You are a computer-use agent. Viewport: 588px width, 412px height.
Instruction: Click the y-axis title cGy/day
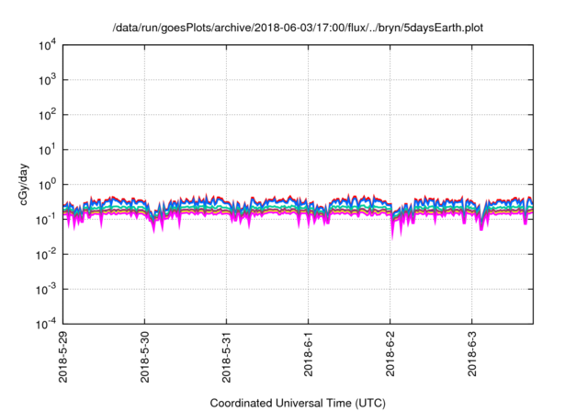pos(21,185)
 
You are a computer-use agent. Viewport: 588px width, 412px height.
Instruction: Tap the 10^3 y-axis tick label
pos(47,80)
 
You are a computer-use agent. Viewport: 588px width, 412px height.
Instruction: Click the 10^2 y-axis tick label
pos(47,115)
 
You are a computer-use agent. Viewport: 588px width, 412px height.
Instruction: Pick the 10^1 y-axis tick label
pos(47,149)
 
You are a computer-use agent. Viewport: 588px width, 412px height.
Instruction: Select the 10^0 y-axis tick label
pos(47,184)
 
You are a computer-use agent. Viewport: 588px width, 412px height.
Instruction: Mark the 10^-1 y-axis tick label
pos(47,219)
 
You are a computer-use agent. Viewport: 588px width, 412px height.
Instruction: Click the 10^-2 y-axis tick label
pos(47,254)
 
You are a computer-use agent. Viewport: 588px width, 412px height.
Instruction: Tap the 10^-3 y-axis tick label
pos(47,289)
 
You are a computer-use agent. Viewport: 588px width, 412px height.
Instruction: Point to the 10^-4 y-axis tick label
pos(47,324)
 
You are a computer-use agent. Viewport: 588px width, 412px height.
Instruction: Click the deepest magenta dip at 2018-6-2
pos(393,236)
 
